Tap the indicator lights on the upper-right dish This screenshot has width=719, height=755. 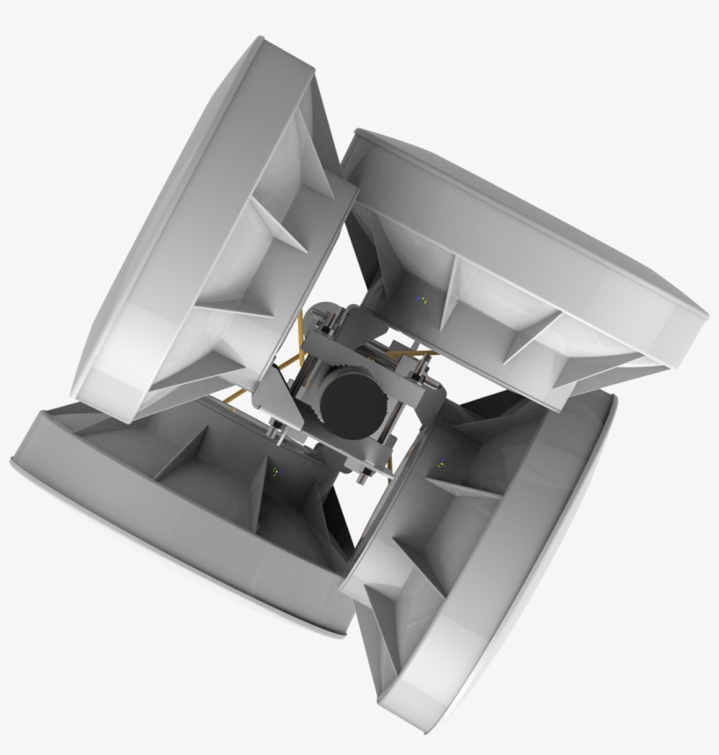pyautogui.click(x=422, y=299)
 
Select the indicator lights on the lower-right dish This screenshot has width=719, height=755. pyautogui.click(x=441, y=460)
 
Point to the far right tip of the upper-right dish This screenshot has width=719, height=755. pyautogui.click(x=706, y=314)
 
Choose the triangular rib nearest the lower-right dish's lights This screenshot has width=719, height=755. pyautogui.click(x=473, y=491)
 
